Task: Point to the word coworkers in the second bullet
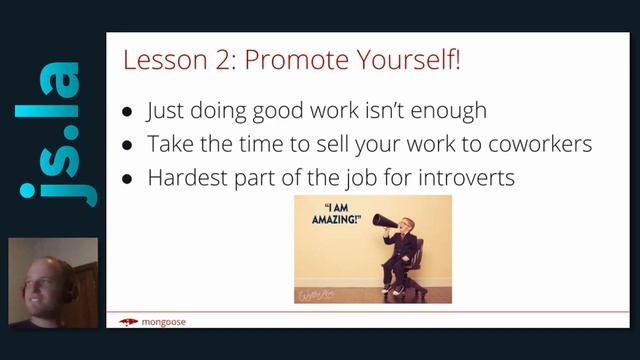point(529,144)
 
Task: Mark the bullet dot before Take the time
point(127,146)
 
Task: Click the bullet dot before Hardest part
point(127,179)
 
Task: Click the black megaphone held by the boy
point(385,220)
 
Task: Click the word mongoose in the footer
point(164,322)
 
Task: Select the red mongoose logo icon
point(128,322)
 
